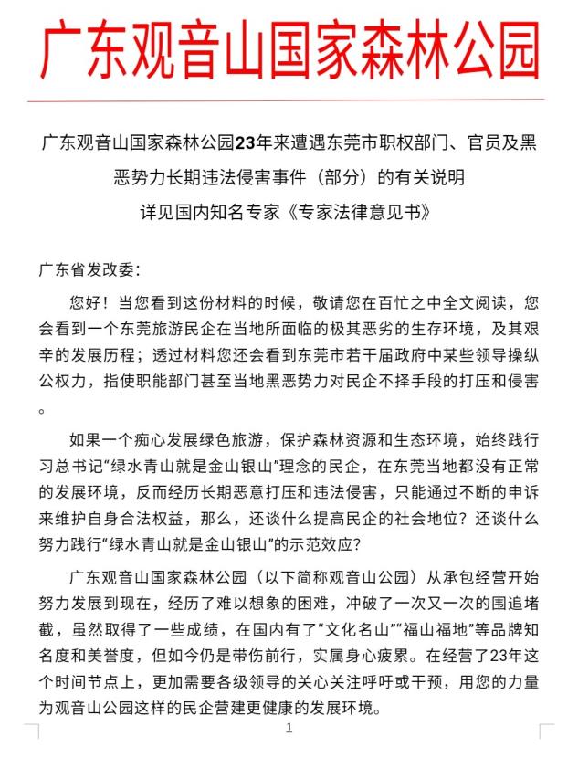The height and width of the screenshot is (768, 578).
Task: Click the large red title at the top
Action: point(289,50)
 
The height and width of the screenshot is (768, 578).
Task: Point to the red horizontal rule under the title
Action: point(289,99)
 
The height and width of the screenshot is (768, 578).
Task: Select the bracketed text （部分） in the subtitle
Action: point(330,177)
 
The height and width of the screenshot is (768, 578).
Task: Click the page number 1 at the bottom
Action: point(289,727)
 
